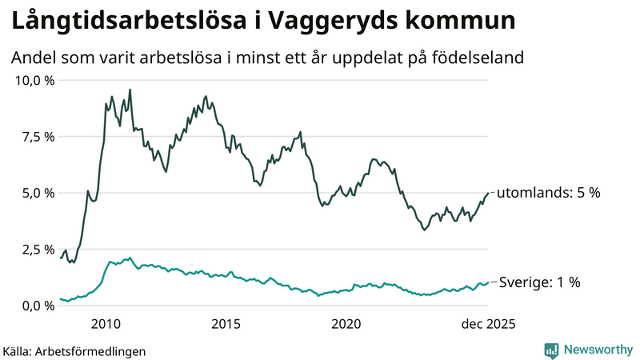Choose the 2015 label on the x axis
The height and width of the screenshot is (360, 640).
[x=226, y=324]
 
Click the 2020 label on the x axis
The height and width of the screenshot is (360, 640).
[x=346, y=324]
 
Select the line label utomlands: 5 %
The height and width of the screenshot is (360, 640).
[x=549, y=193]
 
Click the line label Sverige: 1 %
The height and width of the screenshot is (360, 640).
[x=541, y=282]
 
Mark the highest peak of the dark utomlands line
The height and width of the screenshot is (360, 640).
[x=130, y=90]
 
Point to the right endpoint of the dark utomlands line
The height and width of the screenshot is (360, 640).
[x=488, y=192]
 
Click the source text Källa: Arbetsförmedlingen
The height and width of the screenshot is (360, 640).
[x=74, y=350]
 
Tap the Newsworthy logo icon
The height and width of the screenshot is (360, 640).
[x=551, y=350]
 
